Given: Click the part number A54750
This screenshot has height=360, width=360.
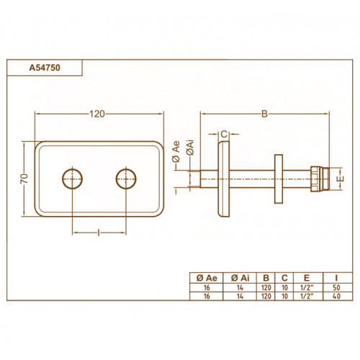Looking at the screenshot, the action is tap(45, 68).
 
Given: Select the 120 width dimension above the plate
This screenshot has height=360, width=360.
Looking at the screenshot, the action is tap(97, 114).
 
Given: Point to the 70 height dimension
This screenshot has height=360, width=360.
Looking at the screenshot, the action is tap(24, 179).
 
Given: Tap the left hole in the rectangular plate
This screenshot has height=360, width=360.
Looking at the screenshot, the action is tap(72, 179).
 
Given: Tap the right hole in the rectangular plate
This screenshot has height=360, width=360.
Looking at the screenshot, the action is tap(126, 179).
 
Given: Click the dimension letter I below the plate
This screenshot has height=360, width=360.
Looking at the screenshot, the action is tap(99, 233).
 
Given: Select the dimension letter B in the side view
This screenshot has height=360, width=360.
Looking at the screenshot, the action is tap(264, 114).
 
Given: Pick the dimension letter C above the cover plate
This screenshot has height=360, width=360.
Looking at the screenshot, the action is tap(224, 134).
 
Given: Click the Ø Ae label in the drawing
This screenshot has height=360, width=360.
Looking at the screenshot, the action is tap(176, 152).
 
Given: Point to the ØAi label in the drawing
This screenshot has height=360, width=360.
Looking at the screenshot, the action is tap(191, 148).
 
